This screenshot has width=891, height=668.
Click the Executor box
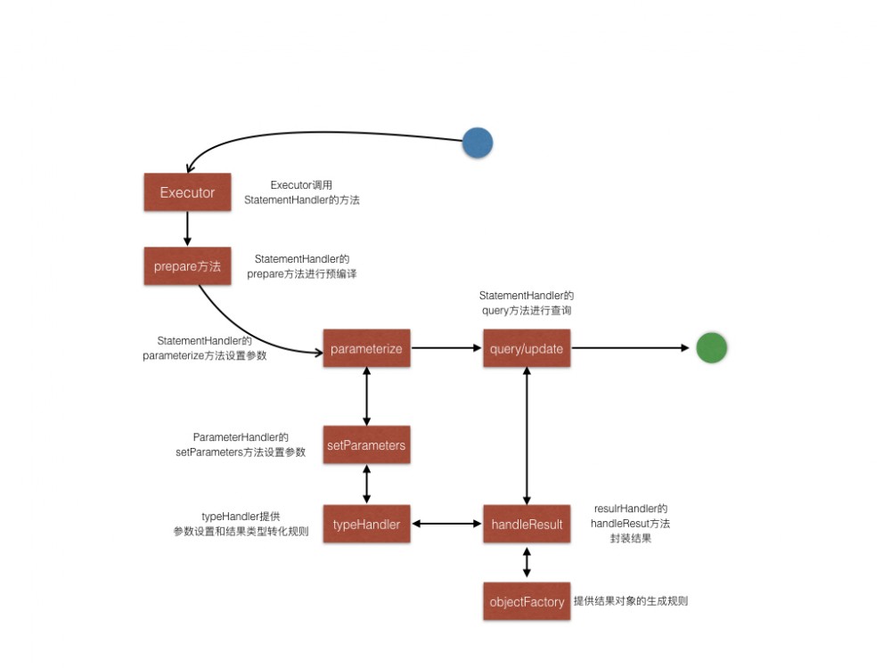(187, 192)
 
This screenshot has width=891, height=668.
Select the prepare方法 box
(187, 265)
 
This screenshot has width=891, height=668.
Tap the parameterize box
(366, 349)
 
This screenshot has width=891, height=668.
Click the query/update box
(527, 349)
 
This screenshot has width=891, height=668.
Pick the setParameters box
(366, 444)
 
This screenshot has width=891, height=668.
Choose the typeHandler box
(366, 525)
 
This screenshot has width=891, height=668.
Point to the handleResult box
(527, 525)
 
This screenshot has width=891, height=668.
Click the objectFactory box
(527, 602)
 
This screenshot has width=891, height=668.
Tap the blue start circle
(478, 143)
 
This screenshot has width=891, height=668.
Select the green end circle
(712, 348)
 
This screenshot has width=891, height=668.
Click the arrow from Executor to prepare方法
(187, 229)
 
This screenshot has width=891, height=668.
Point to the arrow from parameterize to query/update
(446, 349)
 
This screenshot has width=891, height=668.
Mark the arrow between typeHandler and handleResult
(446, 525)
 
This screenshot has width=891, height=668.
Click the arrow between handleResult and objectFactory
(527, 563)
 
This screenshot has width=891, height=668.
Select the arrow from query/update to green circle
(633, 349)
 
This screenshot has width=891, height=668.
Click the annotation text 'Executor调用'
(301, 185)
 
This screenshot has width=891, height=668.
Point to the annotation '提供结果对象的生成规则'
(631, 601)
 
